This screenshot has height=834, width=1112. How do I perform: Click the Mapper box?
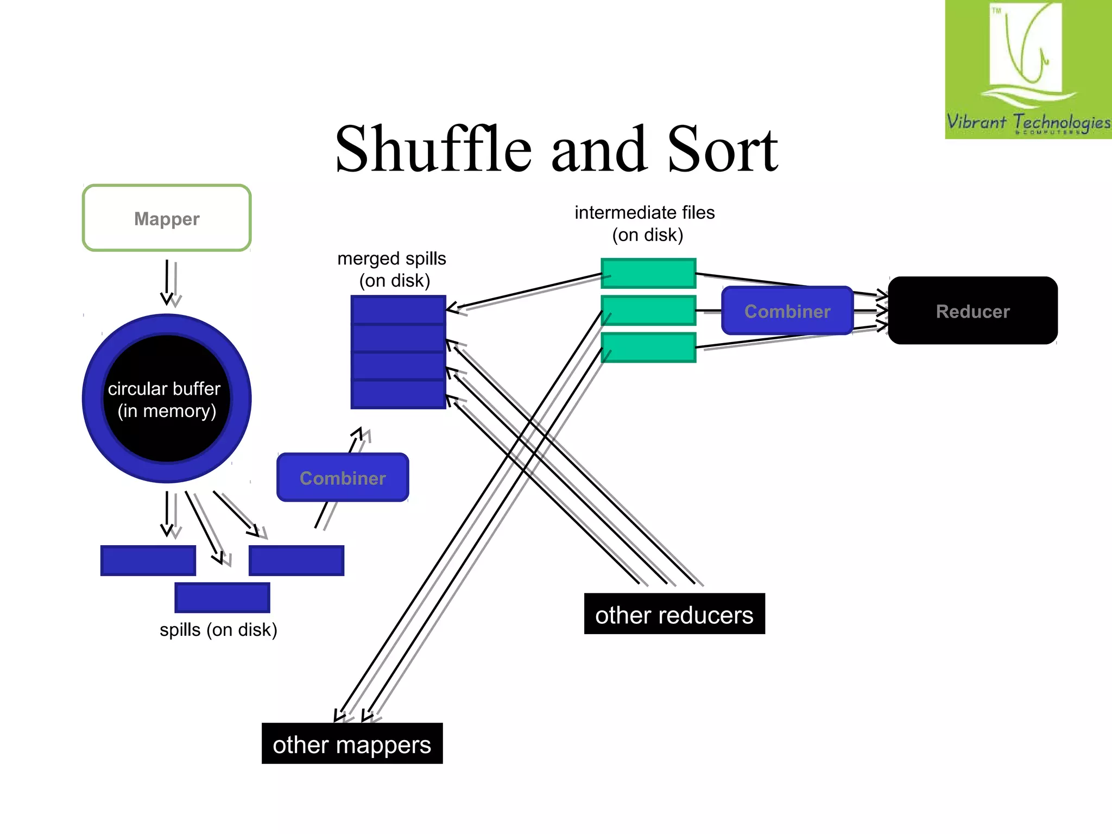(167, 218)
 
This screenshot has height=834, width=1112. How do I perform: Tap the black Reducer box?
(972, 311)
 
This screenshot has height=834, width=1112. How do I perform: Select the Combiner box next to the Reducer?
(787, 311)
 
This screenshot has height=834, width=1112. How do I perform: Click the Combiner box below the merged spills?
(343, 477)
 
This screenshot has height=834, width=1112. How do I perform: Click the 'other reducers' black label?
(674, 614)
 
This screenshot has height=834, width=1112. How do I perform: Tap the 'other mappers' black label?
(352, 743)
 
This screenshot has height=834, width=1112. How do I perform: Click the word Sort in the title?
(722, 149)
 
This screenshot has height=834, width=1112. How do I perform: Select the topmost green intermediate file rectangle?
(648, 273)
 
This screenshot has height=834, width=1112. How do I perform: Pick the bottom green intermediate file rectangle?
(648, 347)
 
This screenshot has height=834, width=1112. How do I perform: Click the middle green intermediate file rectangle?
(648, 310)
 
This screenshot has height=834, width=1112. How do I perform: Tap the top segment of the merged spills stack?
(398, 310)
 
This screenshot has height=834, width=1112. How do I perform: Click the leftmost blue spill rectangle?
(148, 560)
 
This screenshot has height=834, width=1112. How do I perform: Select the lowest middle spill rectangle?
(222, 597)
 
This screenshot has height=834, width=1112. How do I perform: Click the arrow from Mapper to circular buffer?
(168, 282)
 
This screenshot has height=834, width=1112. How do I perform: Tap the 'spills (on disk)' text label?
(218, 630)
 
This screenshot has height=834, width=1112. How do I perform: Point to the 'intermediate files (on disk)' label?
(645, 223)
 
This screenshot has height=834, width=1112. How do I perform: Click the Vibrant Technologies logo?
(1027, 69)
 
